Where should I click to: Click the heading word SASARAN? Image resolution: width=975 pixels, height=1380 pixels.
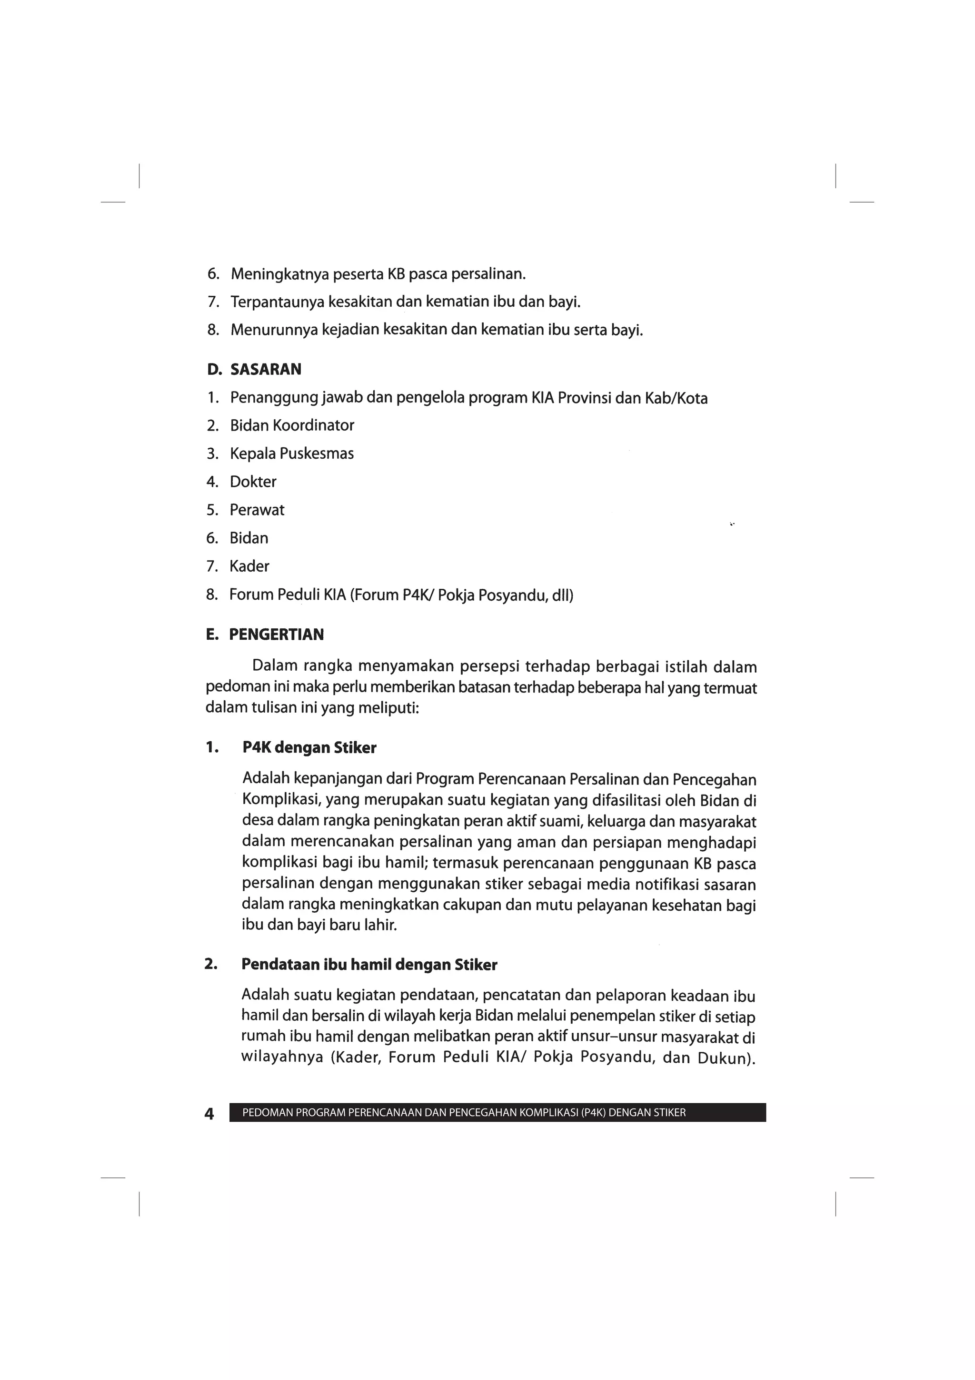coord(266,369)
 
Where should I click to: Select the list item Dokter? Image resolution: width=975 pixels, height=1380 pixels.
coord(253,482)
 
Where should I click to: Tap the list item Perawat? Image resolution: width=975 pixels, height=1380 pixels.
coord(257,510)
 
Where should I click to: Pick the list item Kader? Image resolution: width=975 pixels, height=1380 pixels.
coord(249,566)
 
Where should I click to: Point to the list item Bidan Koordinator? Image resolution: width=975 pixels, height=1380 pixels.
coord(292,425)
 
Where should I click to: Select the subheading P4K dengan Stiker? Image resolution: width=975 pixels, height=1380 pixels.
coord(309,748)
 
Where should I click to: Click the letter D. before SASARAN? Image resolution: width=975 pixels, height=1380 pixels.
coord(214,369)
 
